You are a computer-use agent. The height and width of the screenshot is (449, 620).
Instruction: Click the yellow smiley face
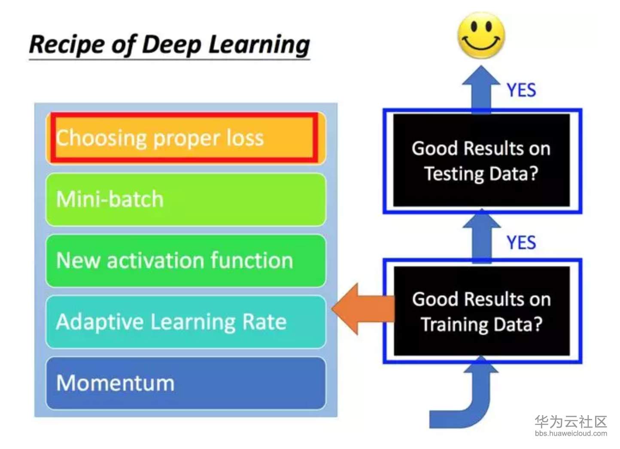pyautogui.click(x=481, y=35)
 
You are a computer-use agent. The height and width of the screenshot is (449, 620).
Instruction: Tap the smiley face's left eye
pyautogui.click(x=474, y=27)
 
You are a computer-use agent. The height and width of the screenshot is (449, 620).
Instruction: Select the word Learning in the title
pyautogui.click(x=259, y=45)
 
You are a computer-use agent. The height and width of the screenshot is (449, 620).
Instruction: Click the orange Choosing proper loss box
pyautogui.click(x=186, y=138)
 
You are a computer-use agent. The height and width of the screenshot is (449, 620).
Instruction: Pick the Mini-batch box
pyautogui.click(x=186, y=199)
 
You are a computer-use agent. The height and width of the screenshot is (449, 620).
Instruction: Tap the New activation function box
pyautogui.click(x=186, y=260)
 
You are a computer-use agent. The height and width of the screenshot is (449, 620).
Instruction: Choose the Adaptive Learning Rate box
pyautogui.click(x=186, y=322)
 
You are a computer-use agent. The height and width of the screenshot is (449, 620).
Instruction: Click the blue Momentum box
pyautogui.click(x=186, y=383)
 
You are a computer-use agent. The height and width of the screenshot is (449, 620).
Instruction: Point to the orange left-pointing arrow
pyautogui.click(x=363, y=309)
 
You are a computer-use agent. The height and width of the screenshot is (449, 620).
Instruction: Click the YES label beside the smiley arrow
pyautogui.click(x=521, y=90)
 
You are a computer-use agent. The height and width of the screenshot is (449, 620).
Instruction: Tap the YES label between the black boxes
pyautogui.click(x=521, y=242)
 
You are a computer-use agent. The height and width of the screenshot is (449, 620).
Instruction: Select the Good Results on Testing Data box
pyautogui.click(x=482, y=160)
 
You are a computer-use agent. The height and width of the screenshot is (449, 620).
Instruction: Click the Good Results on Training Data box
pyautogui.click(x=482, y=311)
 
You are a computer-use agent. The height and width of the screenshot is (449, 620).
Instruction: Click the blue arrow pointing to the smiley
pyautogui.click(x=481, y=89)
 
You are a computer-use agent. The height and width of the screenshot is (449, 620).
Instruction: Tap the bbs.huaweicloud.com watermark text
pyautogui.click(x=571, y=433)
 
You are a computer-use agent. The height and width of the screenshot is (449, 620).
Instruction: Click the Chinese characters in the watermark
pyautogui.click(x=571, y=422)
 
